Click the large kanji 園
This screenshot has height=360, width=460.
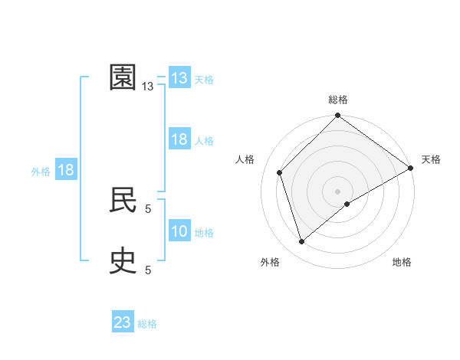click(123, 77)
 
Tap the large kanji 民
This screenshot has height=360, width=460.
click(123, 200)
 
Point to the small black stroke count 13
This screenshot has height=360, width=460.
click(148, 87)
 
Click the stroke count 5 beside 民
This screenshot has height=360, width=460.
click(148, 208)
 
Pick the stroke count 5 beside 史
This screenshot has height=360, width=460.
click(148, 270)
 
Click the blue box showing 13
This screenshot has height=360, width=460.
click(179, 78)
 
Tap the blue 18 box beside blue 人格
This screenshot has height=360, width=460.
click(179, 139)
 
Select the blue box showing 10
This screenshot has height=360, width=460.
click(179, 231)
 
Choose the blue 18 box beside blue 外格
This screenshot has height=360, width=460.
click(66, 170)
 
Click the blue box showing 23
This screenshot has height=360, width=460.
click(123, 322)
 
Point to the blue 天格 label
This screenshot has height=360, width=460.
click(203, 80)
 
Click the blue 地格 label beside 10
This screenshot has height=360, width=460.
click(204, 233)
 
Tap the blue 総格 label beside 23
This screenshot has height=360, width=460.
click(147, 324)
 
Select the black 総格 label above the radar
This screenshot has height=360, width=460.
click(338, 100)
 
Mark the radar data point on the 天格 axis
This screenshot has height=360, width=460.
click(410, 168)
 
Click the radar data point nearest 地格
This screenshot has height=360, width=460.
click(347, 204)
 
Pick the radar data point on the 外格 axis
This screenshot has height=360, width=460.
click(301, 242)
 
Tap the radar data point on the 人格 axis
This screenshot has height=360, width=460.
click(280, 172)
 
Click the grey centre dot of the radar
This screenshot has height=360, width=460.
click(338, 191)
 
